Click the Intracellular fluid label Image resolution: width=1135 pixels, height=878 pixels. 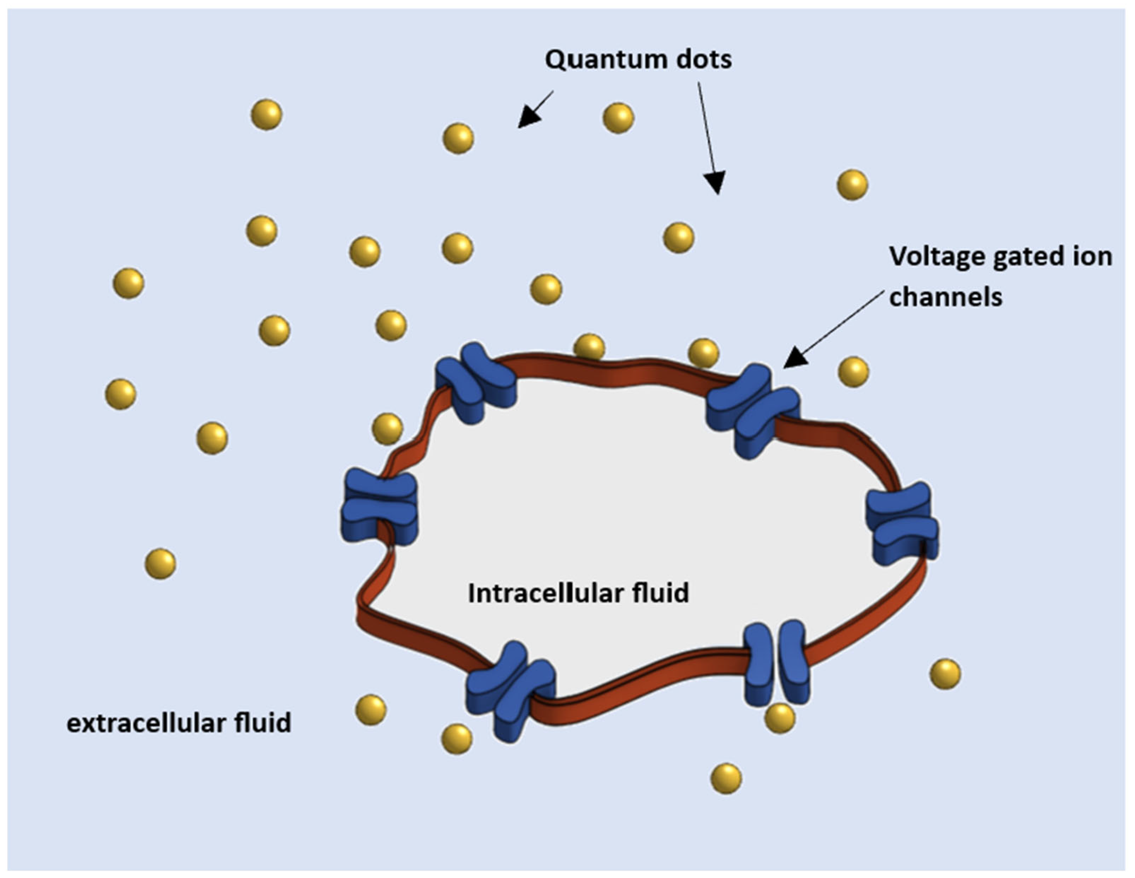click(x=578, y=593)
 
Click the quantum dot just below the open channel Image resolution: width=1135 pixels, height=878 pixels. click(x=780, y=718)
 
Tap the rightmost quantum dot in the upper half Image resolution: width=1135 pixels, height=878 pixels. click(x=852, y=185)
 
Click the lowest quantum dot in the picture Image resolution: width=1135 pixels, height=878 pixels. click(x=726, y=778)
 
